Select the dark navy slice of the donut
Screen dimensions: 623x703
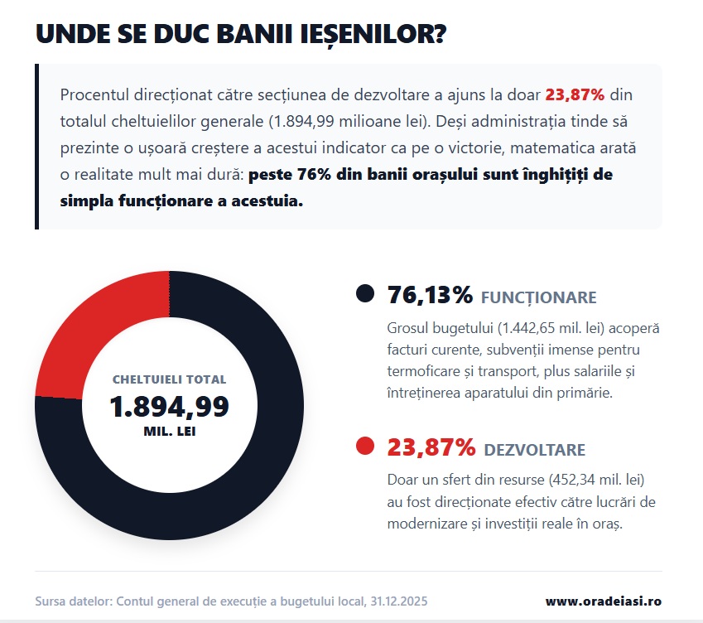[248, 464]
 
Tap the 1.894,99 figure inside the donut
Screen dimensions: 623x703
[169, 407]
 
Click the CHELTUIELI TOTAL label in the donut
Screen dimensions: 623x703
[169, 379]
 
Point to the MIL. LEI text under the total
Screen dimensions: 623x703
[169, 432]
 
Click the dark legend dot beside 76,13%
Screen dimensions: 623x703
[364, 293]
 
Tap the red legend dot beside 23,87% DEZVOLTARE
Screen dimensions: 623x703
[364, 447]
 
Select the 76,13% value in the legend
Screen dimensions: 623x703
[430, 294]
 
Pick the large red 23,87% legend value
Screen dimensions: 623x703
[431, 447]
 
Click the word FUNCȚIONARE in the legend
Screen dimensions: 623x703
[538, 297]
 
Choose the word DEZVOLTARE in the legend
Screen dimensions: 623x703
[534, 450]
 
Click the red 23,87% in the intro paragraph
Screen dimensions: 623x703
[575, 94]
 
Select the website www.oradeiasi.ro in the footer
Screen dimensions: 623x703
[603, 601]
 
